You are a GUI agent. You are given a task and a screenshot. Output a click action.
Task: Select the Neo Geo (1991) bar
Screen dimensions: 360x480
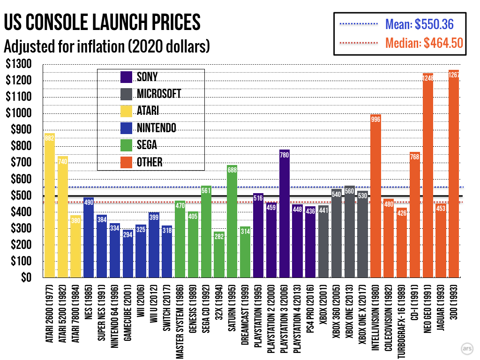[427, 175]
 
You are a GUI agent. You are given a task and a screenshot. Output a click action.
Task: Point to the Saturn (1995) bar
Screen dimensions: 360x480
[232, 221]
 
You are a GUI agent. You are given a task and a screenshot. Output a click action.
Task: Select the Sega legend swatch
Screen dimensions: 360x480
[127, 145]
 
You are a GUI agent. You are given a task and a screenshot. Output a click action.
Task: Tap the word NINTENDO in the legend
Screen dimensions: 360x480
[157, 128]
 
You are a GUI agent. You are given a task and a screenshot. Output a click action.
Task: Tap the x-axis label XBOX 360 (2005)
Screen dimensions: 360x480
[336, 312]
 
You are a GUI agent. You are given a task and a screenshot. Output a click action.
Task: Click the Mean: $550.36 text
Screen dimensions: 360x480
[419, 23]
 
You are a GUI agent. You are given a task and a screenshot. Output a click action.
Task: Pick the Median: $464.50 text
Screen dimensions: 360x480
[424, 43]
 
